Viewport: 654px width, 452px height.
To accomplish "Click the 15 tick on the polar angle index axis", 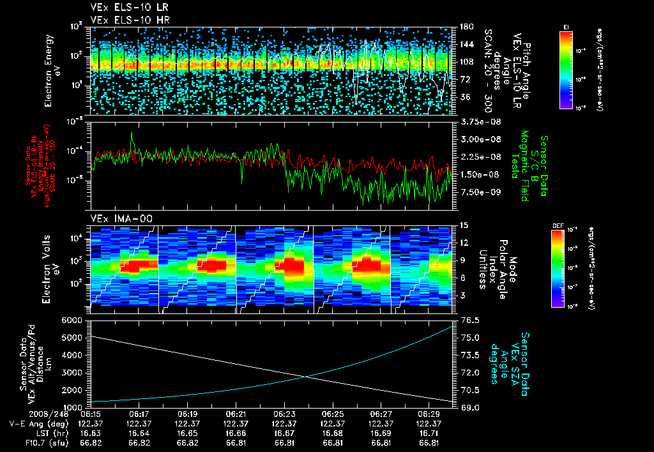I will [462, 225].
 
